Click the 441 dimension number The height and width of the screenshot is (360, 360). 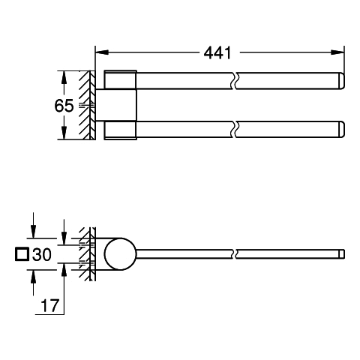217,53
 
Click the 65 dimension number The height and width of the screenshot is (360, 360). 64,106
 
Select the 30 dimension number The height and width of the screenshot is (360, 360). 42,254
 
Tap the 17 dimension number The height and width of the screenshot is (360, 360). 49,305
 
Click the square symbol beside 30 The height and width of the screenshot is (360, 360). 22,254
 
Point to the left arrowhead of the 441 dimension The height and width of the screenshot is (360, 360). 102,52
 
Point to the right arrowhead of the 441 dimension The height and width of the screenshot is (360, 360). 337,52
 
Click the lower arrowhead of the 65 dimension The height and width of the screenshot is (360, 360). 64,133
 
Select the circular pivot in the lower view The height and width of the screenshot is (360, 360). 121,254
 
